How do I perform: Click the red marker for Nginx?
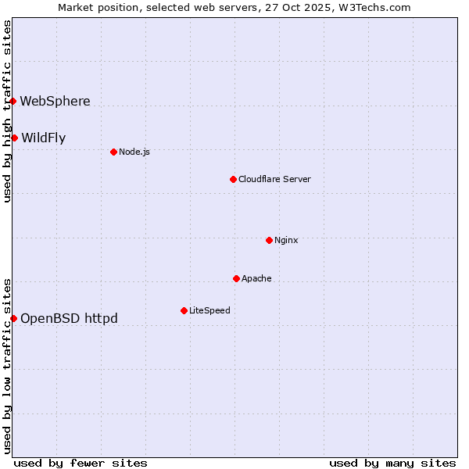pos(269,240)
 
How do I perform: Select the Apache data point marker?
pos(236,278)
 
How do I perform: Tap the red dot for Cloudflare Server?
pos(233,179)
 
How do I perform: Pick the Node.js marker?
pos(113,152)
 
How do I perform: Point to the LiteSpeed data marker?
pos(184,310)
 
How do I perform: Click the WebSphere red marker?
pos(13,101)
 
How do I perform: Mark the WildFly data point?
pos(14,138)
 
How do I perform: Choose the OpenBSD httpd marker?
pos(13,318)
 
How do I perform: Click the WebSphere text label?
pos(55,101)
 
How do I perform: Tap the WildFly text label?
pos(43,138)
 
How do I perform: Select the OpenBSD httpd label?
pos(69,318)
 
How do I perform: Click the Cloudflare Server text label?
pos(274,179)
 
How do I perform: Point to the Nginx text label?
pos(286,240)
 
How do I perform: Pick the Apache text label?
pos(256,278)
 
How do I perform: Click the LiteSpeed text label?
pos(209,310)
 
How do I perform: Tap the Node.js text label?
pos(134,152)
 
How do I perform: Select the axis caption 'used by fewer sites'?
pos(81,463)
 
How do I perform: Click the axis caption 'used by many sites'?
pos(392,463)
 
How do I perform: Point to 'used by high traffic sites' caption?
pos(7,111)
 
